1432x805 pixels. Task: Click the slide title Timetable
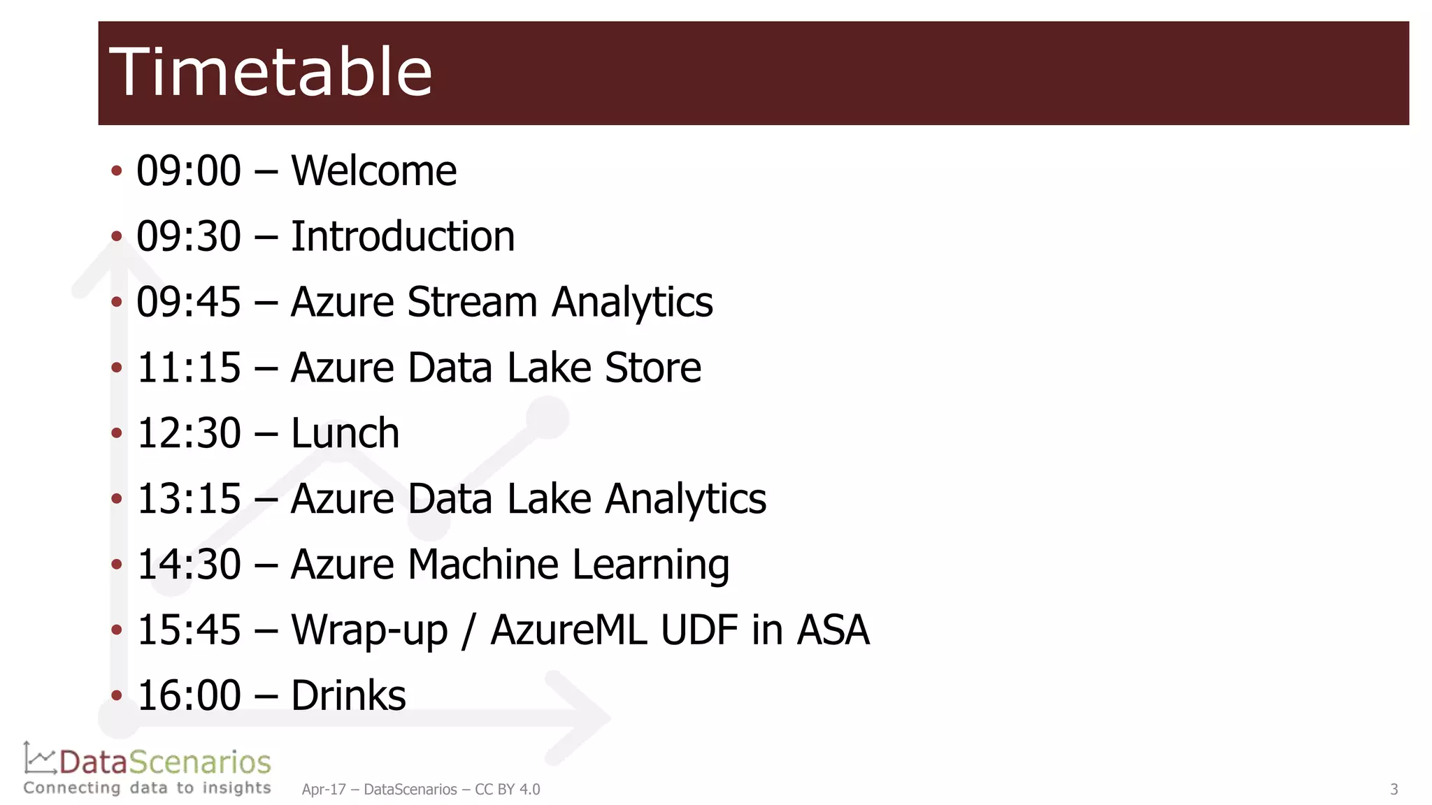[271, 72]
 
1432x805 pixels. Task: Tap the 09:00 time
[189, 171]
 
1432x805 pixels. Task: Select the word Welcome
[373, 171]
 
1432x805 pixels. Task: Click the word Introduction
[403, 237]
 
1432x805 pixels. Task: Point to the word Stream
[472, 303]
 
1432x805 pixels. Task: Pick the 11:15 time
[189, 368]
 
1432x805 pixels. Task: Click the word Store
[652, 368]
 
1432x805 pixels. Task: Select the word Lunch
[345, 434]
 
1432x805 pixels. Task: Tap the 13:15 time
[189, 499]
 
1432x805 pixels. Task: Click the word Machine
[483, 565]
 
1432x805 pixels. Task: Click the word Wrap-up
[369, 631]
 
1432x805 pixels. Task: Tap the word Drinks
[348, 696]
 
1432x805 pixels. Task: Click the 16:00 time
[189, 696]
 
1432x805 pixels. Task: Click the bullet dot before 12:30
[117, 433]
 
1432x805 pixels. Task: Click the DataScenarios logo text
[165, 762]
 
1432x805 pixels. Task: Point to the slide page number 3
[1394, 790]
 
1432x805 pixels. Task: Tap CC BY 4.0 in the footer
[508, 790]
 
